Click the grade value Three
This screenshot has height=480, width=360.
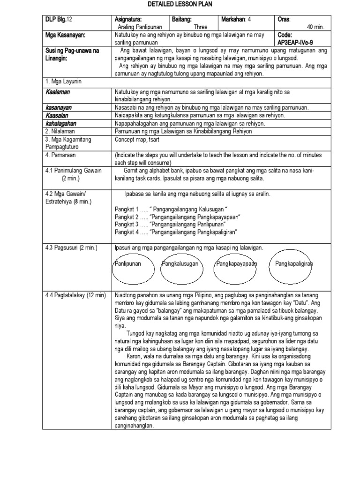[201, 27]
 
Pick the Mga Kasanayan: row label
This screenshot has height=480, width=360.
[65, 35]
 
